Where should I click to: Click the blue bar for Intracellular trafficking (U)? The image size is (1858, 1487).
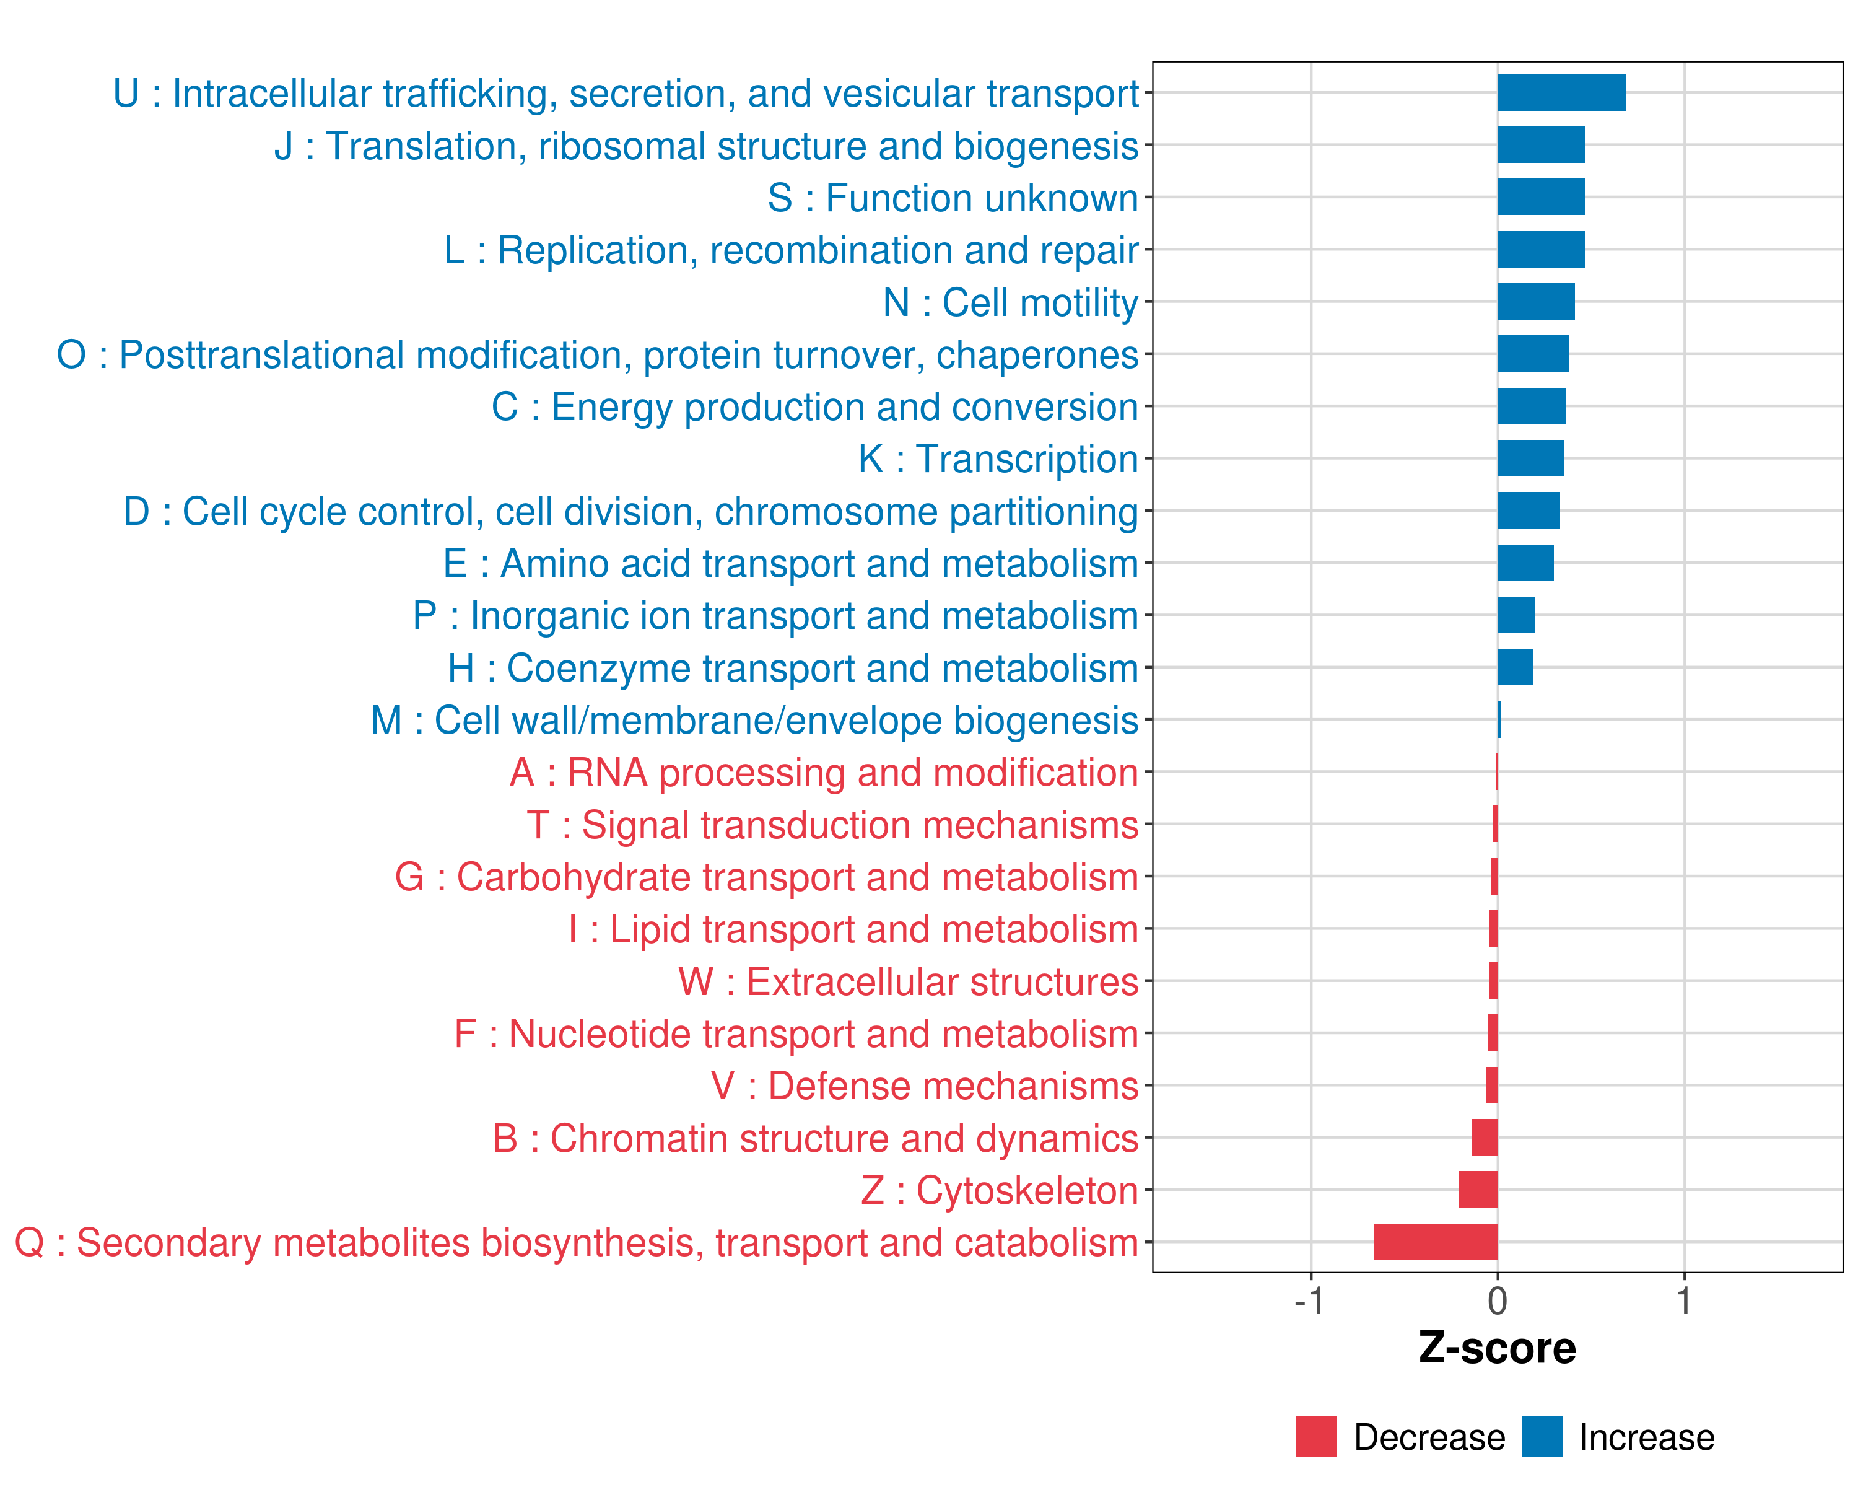1561,93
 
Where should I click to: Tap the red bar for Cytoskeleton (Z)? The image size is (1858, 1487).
1478,1190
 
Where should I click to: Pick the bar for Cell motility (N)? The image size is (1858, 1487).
1536,302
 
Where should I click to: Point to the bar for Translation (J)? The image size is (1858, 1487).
1541,145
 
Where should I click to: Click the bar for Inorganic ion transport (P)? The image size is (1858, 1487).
1516,615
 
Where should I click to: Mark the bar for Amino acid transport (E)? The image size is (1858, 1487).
1525,563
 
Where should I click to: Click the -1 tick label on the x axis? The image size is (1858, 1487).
1309,1301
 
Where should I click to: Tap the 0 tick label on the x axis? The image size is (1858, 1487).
1498,1301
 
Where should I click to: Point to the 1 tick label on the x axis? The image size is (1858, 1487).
1684,1301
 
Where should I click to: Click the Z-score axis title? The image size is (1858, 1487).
1497,1348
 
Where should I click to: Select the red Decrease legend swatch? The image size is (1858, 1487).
1316,1436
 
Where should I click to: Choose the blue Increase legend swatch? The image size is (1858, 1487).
1542,1436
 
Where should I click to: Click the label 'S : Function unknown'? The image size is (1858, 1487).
953,198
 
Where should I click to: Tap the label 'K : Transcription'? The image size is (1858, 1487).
998,458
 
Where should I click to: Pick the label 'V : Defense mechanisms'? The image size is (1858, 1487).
925,1086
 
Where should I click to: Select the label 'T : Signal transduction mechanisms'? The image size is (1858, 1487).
832,825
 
